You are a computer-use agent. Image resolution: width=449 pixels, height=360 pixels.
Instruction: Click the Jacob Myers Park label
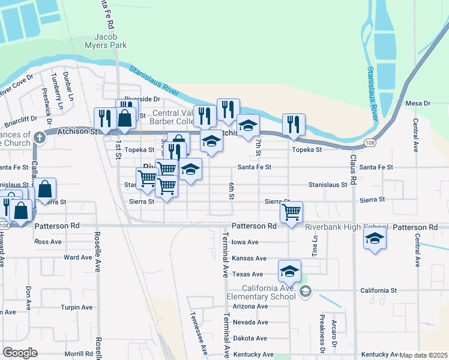pyautogui.click(x=110, y=41)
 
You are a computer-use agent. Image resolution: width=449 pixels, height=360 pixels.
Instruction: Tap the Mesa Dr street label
pyautogui.click(x=418, y=103)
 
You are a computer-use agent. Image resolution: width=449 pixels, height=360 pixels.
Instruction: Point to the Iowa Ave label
pyautogui.click(x=245, y=242)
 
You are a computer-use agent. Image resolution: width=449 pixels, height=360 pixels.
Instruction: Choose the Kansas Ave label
pyautogui.click(x=249, y=259)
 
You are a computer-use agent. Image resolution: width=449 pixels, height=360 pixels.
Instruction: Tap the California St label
pyautogui.click(x=378, y=290)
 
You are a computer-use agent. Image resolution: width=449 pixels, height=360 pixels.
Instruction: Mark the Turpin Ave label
pyautogui.click(x=77, y=307)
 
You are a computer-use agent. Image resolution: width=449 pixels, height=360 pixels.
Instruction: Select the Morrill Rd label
pyautogui.click(x=79, y=354)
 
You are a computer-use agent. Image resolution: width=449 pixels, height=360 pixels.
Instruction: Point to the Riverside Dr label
pyautogui.click(x=142, y=99)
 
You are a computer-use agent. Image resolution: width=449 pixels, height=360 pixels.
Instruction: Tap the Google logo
pyautogui.click(x=20, y=352)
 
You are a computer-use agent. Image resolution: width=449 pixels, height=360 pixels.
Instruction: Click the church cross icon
pyautogui.click(x=40, y=137)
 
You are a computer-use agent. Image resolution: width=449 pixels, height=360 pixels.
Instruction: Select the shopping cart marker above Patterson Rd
pyautogui.click(x=291, y=211)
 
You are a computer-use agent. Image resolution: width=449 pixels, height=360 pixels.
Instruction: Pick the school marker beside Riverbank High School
pyautogui.click(x=375, y=238)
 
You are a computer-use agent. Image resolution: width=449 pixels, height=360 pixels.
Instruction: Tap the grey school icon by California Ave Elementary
pyautogui.click(x=306, y=292)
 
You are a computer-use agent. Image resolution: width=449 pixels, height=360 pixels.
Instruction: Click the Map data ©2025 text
pyautogui.click(x=423, y=355)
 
